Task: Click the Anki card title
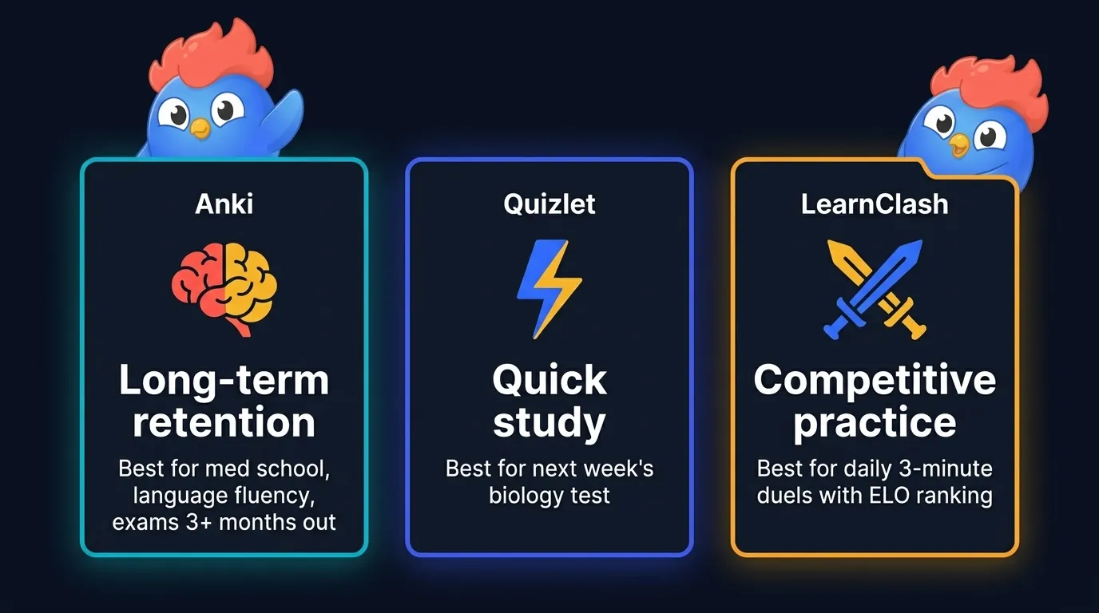224,204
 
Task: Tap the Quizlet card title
549,204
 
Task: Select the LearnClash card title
875,204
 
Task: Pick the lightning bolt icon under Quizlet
549,287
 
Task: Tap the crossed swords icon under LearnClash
875,287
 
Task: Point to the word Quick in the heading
549,380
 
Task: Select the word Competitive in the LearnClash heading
875,380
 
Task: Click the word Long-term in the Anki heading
224,380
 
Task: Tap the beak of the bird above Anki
200,128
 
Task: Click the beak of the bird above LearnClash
958,144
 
